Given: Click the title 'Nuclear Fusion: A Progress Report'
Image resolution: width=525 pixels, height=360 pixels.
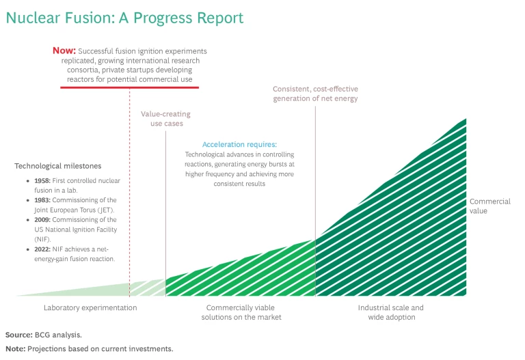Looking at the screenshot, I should [x=124, y=18].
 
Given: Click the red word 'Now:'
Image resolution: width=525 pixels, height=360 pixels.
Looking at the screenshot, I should [x=64, y=51].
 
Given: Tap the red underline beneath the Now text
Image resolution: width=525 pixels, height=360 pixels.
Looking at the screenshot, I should [x=130, y=88].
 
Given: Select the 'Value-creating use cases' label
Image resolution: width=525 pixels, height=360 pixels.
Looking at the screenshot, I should [x=166, y=119].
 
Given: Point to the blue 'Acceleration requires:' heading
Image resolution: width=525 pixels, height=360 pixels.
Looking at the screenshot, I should [x=239, y=145].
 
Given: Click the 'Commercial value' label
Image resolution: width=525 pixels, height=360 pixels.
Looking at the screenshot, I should [x=490, y=206].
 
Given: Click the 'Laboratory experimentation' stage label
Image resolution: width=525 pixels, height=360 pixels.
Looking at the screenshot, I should [x=90, y=308].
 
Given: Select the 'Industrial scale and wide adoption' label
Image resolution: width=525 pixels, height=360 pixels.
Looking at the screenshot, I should [x=390, y=312].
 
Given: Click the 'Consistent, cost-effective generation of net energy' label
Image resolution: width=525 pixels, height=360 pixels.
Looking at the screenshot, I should [x=315, y=94].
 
